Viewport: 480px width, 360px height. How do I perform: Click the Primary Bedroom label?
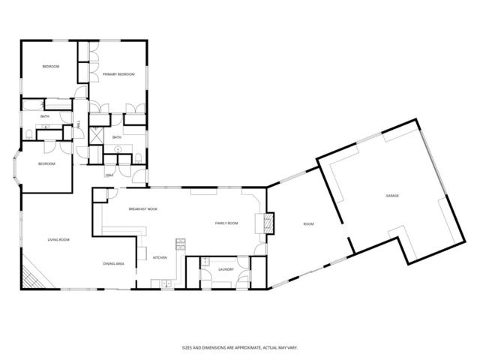click(118, 74)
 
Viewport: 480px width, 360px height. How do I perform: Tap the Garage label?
click(391, 196)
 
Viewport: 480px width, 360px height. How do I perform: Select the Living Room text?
click(58, 239)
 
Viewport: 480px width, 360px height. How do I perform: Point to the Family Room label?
click(226, 223)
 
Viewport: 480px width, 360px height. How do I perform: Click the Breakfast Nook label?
click(142, 208)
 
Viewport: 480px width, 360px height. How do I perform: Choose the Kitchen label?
click(160, 257)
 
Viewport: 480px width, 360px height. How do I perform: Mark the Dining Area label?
click(114, 264)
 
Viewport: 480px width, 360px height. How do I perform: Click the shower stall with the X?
click(97, 137)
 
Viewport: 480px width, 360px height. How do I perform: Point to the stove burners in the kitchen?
click(180, 244)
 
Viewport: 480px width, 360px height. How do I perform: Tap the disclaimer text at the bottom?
click(239, 347)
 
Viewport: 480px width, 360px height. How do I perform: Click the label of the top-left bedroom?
click(50, 67)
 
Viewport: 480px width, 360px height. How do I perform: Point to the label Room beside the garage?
click(308, 224)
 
